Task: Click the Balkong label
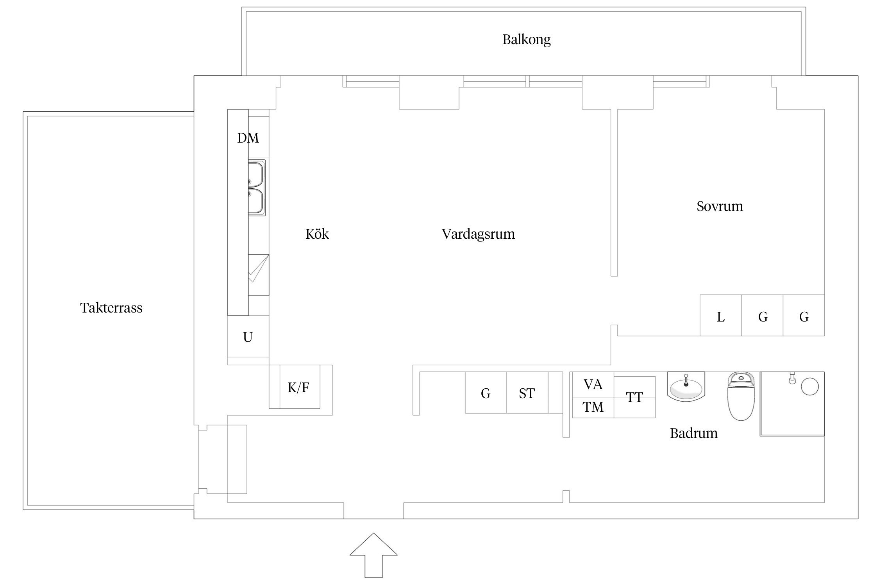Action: pyautogui.click(x=526, y=40)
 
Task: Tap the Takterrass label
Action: pyautogui.click(x=111, y=308)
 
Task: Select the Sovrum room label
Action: pyautogui.click(x=720, y=206)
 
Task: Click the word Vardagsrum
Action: pyautogui.click(x=478, y=234)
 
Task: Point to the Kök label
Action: pyautogui.click(x=317, y=234)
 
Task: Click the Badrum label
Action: pyautogui.click(x=693, y=433)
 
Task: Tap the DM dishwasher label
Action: pyautogui.click(x=248, y=138)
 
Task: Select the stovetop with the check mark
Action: pyautogui.click(x=258, y=275)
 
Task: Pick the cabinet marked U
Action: pyautogui.click(x=248, y=337)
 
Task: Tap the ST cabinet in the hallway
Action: pyautogui.click(x=527, y=393)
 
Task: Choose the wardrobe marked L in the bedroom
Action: pyautogui.click(x=720, y=316)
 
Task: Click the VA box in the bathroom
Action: pyautogui.click(x=593, y=384)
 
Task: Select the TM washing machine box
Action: pyautogui.click(x=593, y=407)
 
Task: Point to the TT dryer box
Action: pyautogui.click(x=634, y=397)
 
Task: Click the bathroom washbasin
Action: pyautogui.click(x=686, y=387)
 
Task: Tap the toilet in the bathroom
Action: pyautogui.click(x=741, y=397)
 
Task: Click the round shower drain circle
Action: pyautogui.click(x=809, y=386)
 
